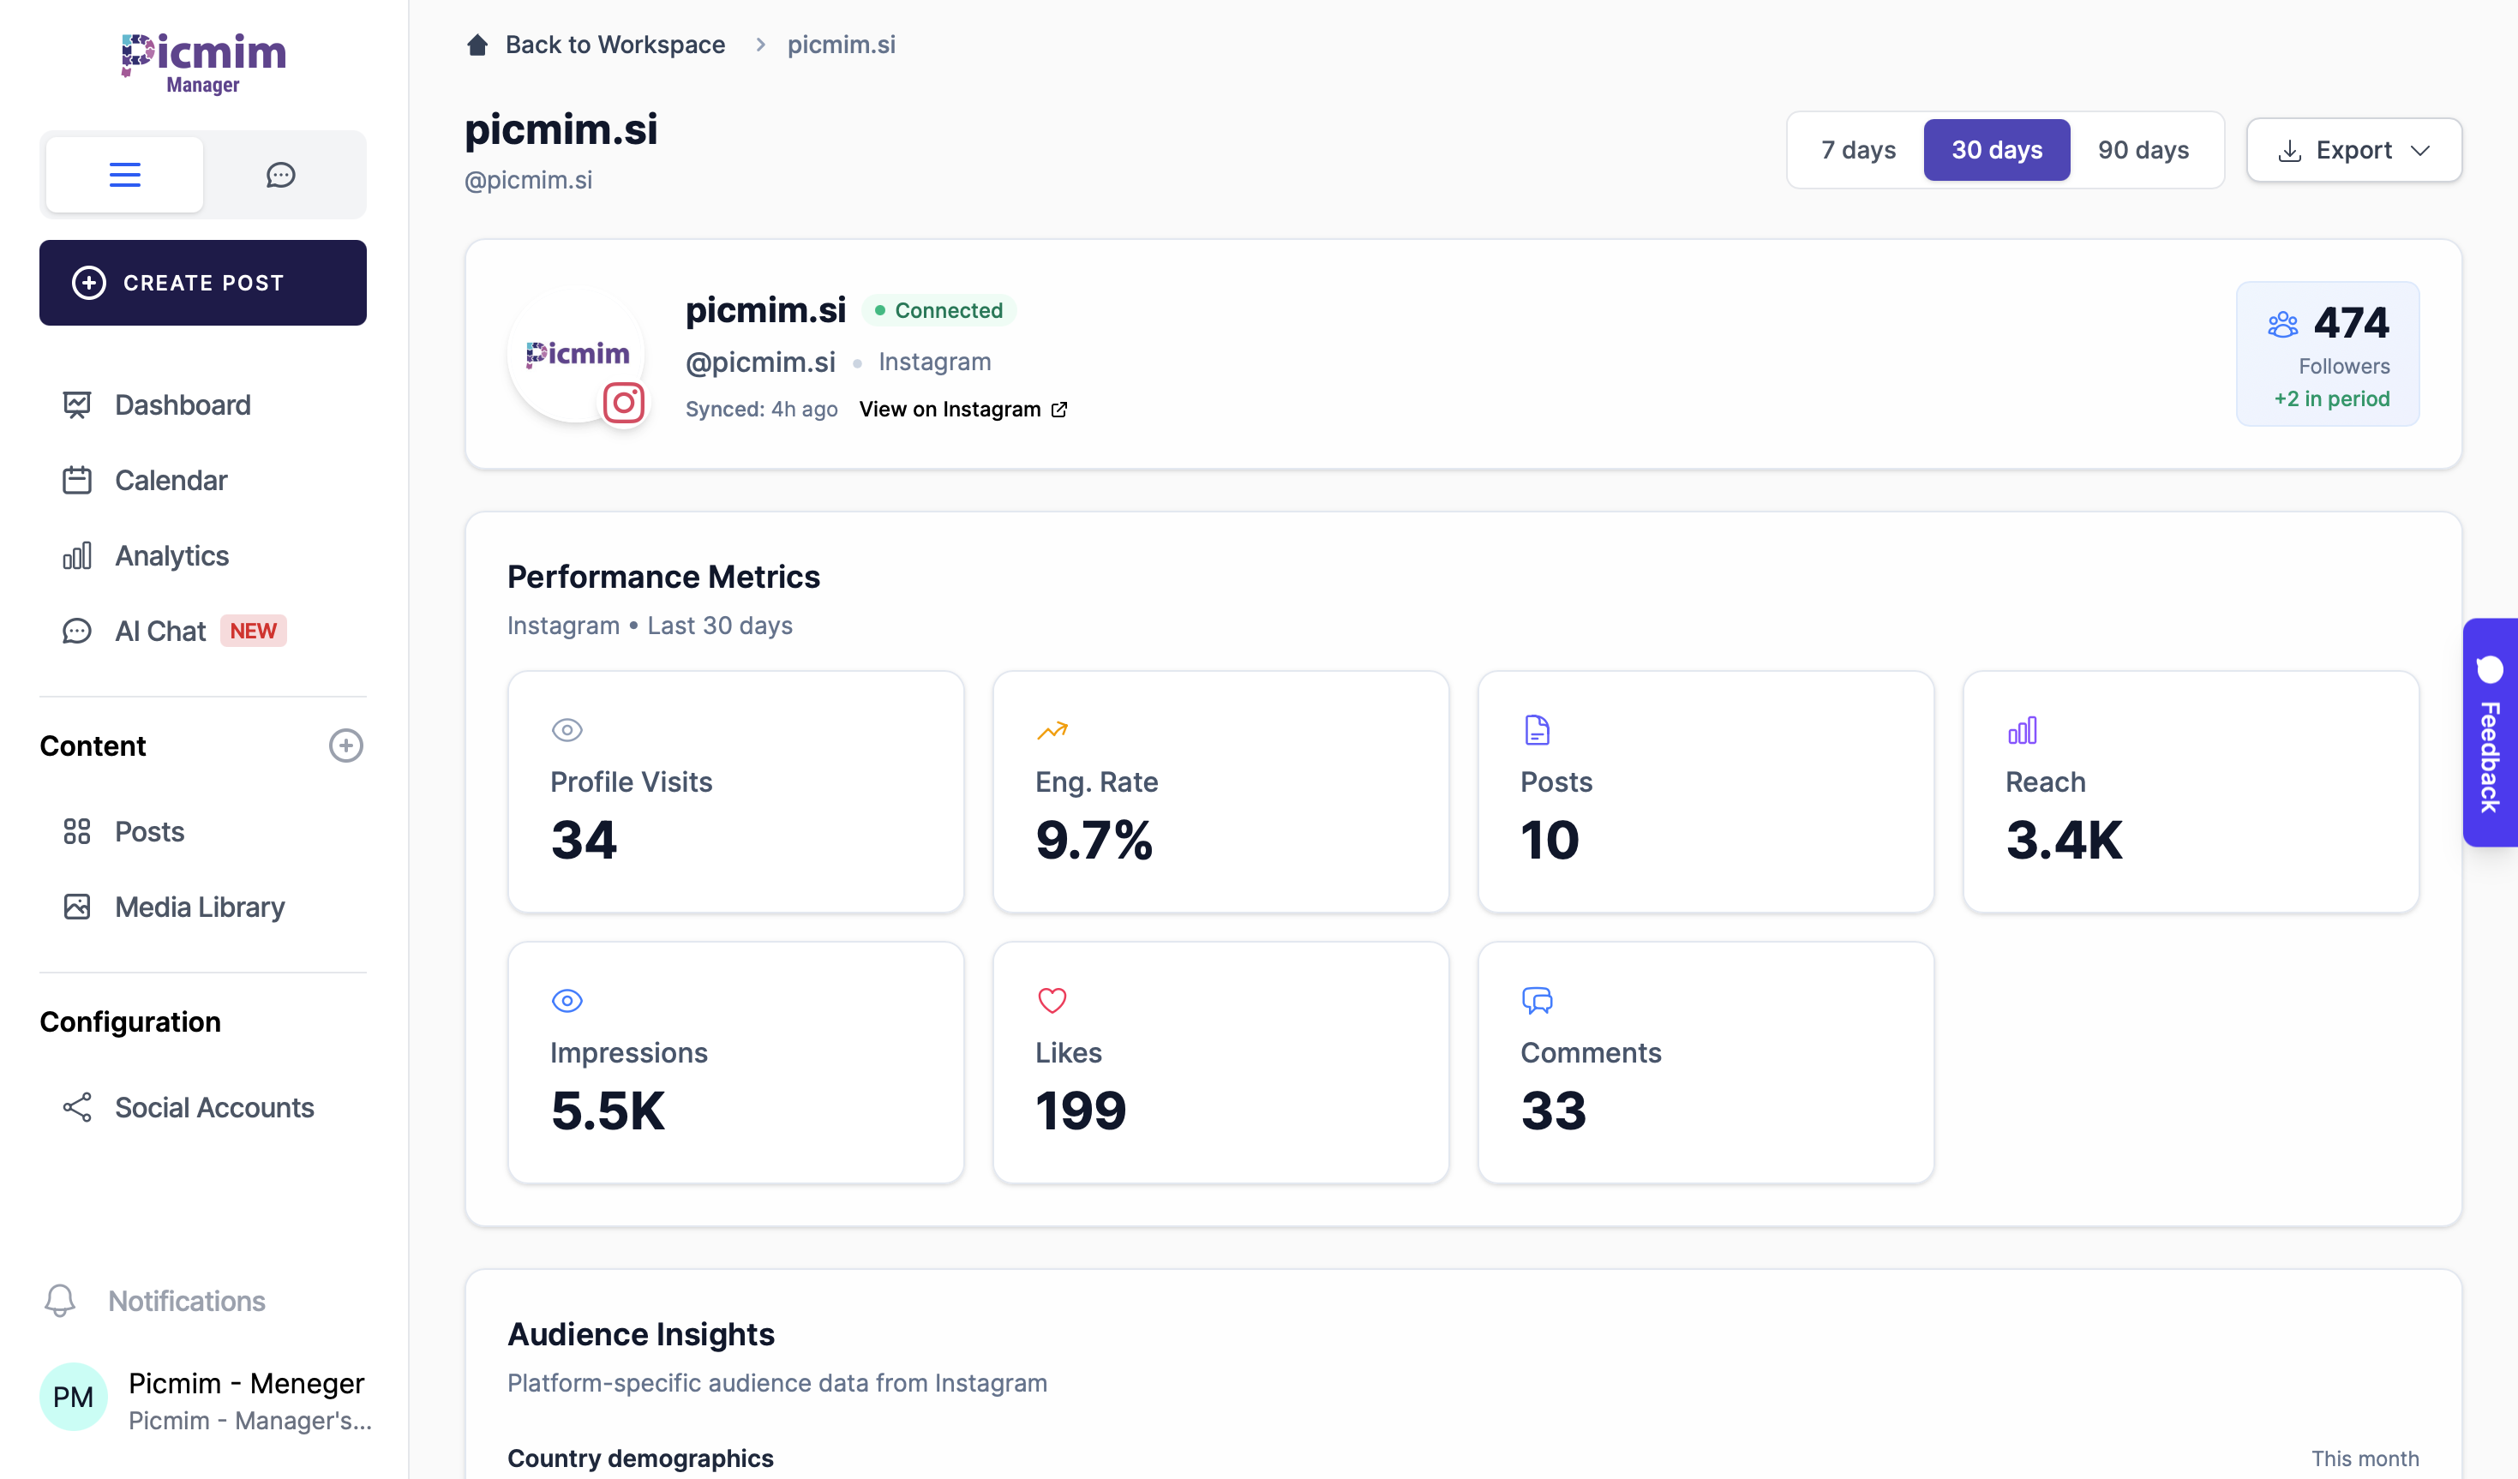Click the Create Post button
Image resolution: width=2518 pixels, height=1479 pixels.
[203, 283]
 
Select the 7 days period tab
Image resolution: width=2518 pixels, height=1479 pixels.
[1857, 150]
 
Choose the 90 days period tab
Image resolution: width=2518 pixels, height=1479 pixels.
[2143, 150]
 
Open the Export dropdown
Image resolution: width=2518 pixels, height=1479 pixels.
[2353, 150]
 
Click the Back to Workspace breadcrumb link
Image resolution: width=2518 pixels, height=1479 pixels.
[614, 45]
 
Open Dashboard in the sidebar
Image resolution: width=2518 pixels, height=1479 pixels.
[182, 404]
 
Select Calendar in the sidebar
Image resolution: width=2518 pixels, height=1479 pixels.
[171, 481]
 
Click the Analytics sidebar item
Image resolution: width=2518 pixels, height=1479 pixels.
[172, 555]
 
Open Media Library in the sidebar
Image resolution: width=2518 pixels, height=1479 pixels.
[199, 907]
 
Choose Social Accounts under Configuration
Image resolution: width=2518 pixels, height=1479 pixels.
[213, 1107]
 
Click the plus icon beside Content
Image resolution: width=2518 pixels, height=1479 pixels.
[345, 745]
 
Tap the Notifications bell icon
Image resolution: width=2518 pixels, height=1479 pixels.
[60, 1300]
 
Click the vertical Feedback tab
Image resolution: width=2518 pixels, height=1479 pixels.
[2489, 733]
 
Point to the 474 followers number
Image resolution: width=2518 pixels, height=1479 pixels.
[2351, 323]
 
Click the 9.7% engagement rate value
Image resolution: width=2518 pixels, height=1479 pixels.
[1094, 840]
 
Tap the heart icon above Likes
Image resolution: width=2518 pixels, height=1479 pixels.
[1052, 1000]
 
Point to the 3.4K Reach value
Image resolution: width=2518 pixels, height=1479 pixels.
[2064, 840]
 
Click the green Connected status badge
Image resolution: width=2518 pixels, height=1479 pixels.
[938, 311]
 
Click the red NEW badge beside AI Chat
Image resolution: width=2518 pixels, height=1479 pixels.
[253, 631]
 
